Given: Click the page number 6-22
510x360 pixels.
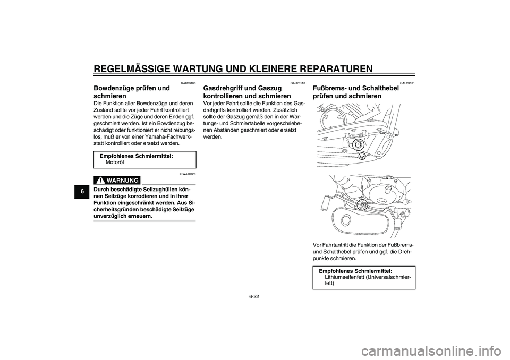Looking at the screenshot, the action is click(x=254, y=297).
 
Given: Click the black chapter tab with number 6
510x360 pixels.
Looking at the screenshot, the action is click(x=82, y=191).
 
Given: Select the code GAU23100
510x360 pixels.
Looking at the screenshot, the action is click(x=188, y=83).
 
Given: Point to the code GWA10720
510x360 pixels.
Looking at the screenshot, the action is click(x=188, y=174).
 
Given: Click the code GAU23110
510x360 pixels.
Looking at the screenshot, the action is click(x=297, y=83).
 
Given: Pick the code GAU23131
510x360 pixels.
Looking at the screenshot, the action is click(x=407, y=83).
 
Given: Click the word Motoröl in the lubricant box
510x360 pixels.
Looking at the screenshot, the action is click(x=115, y=162).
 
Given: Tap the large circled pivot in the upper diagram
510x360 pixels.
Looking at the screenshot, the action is click(x=358, y=145).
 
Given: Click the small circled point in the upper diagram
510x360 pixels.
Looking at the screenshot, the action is click(x=362, y=157).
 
